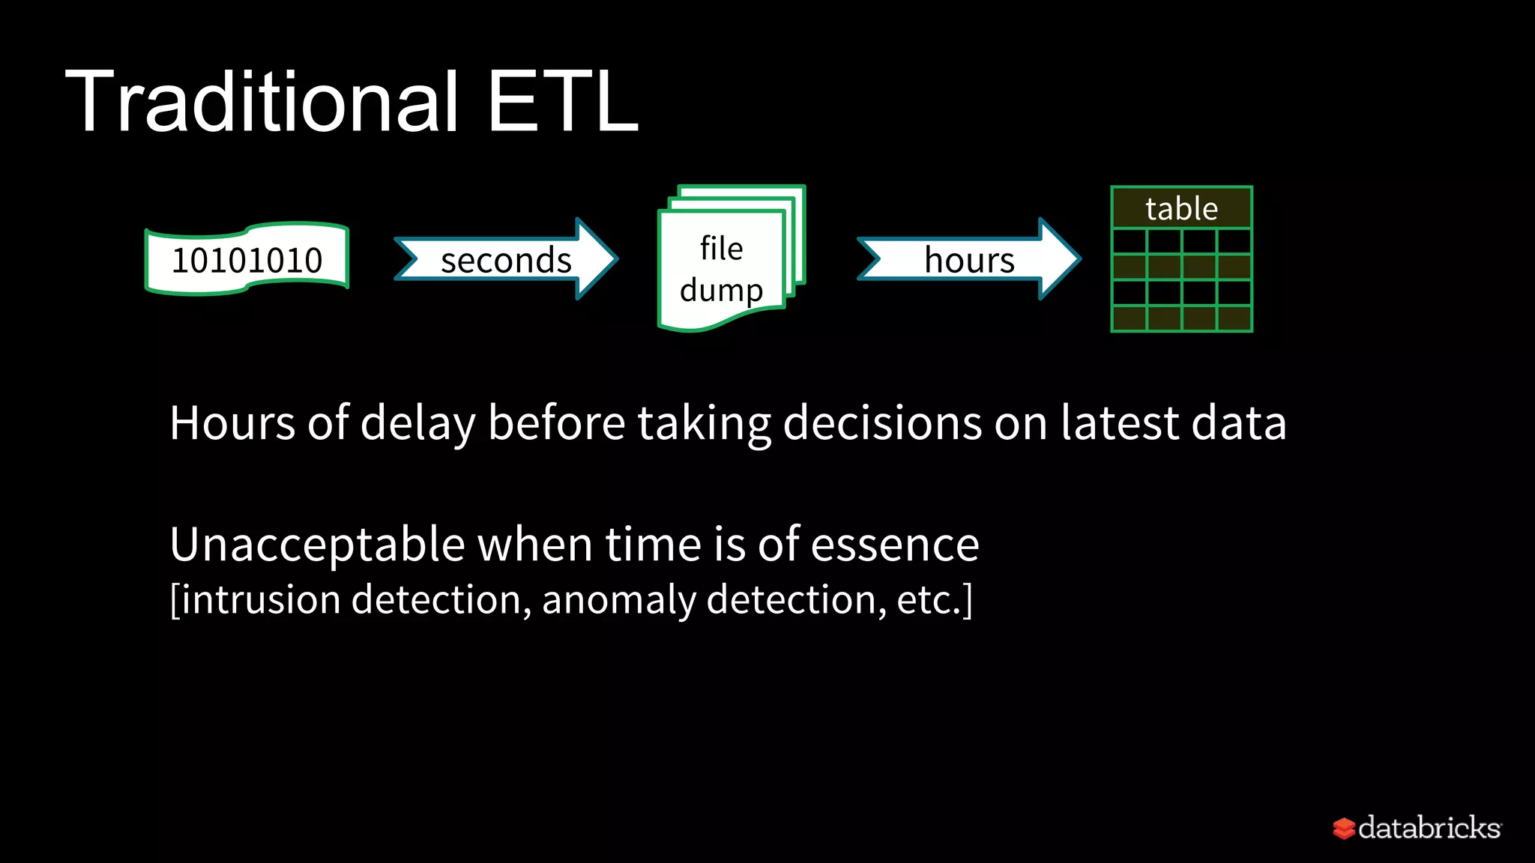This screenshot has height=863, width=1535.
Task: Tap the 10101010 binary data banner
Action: [247, 259]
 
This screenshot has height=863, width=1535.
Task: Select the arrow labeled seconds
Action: [506, 260]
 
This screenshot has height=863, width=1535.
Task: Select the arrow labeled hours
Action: [969, 260]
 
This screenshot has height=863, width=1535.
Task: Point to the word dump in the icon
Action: [721, 290]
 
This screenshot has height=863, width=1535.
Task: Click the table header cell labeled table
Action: [1181, 208]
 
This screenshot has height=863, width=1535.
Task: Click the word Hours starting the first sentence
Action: [232, 423]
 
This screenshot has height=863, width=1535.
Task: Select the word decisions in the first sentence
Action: [882, 423]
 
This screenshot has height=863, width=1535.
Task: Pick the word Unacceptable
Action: [318, 545]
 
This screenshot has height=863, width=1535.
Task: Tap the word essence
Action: [895, 545]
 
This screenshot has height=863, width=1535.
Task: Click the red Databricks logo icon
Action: [1344, 828]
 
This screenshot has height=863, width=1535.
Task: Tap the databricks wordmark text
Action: [1429, 828]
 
